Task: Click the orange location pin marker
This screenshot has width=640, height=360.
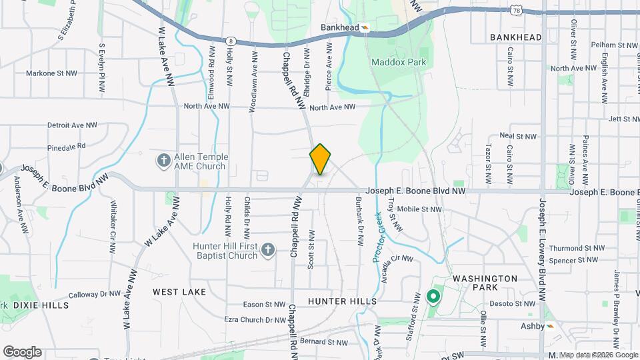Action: coord(320,159)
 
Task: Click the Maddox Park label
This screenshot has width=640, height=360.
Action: coord(399,62)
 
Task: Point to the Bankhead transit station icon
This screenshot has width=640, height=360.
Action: coord(365,27)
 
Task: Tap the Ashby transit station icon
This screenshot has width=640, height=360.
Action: coord(550,326)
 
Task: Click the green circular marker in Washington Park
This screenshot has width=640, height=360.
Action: coord(433,296)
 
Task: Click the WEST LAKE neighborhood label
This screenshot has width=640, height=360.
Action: coord(179,292)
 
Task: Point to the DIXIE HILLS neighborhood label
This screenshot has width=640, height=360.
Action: coord(41,305)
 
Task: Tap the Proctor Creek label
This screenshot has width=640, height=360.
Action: coord(379,237)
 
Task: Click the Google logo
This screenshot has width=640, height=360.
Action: coord(22,352)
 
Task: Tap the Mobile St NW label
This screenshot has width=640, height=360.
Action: coord(419,209)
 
